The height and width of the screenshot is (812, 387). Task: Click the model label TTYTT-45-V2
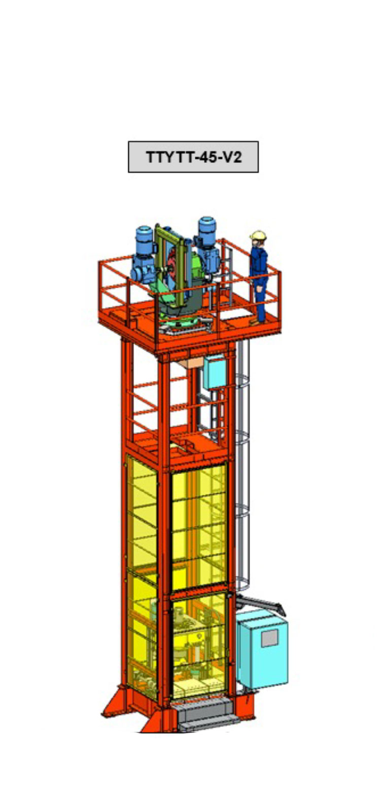(194, 157)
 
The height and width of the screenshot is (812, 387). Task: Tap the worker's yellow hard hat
(258, 235)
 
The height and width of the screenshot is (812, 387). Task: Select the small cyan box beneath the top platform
(214, 371)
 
